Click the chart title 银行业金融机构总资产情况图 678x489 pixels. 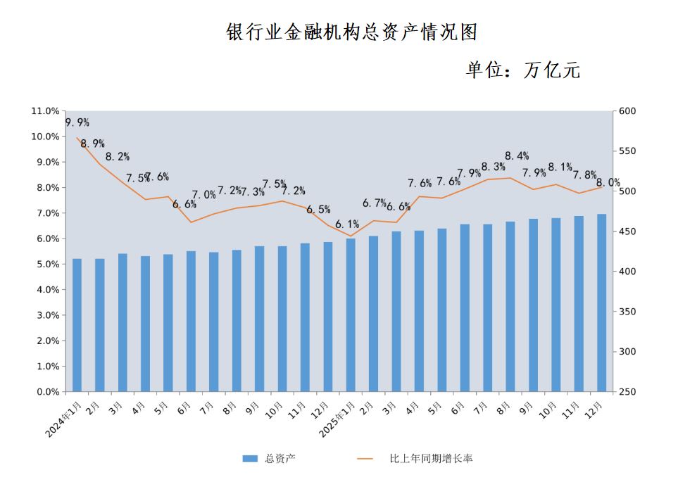(351, 32)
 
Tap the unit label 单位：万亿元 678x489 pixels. (522, 70)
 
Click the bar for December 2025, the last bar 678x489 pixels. (601, 303)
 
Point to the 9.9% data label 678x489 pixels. (77, 123)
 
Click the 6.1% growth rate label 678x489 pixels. (347, 224)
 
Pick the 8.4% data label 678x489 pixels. (517, 156)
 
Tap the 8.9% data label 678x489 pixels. (92, 144)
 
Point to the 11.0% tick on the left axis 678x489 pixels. (45, 111)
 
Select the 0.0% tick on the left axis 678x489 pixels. (47, 392)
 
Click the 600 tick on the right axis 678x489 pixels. (627, 111)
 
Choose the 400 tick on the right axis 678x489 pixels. (627, 272)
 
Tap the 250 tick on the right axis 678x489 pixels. (627, 392)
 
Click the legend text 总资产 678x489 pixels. (280, 459)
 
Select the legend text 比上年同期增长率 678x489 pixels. (431, 459)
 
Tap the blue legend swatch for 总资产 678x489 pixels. (250, 459)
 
